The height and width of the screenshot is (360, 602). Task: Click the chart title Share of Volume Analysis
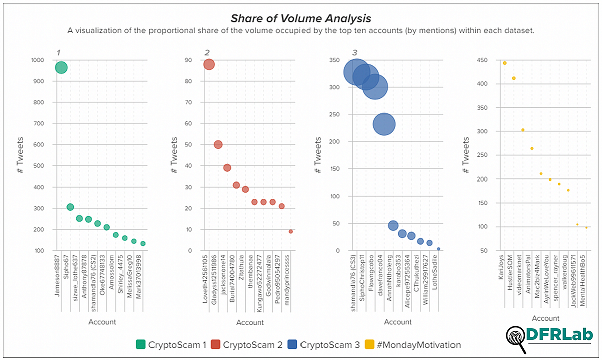pyautogui.click(x=300, y=18)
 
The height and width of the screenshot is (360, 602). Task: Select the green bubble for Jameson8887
pyautogui.click(x=61, y=67)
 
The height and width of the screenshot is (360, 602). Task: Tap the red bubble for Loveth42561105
pyautogui.click(x=209, y=64)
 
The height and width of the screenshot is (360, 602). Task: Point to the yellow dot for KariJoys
pyautogui.click(x=504, y=63)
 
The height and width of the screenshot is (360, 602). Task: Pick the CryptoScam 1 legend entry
pyautogui.click(x=171, y=345)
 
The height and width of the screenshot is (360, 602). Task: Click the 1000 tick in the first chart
pyautogui.click(x=38, y=60)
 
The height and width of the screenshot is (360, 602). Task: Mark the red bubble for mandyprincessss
pyautogui.click(x=291, y=231)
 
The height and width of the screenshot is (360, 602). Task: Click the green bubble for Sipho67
pyautogui.click(x=70, y=207)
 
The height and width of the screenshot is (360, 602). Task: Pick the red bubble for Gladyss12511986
pyautogui.click(x=218, y=145)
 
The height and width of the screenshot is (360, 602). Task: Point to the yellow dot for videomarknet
pyautogui.click(x=523, y=130)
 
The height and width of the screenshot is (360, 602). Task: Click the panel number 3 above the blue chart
pyautogui.click(x=355, y=52)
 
